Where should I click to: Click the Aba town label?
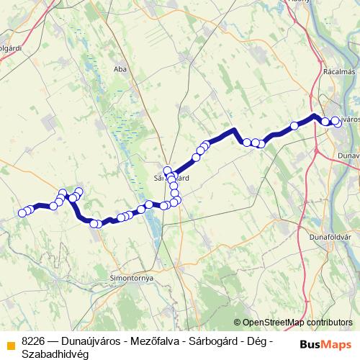pyautogui.click(x=120, y=69)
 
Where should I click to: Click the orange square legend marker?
pyautogui.click(x=10, y=343)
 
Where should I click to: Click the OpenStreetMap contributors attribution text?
pyautogui.click(x=297, y=323)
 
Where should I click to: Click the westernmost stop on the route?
pyautogui.click(x=21, y=213)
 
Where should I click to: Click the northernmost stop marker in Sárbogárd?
pyautogui.click(x=167, y=171)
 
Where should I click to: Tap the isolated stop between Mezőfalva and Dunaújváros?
pyautogui.click(x=294, y=126)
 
